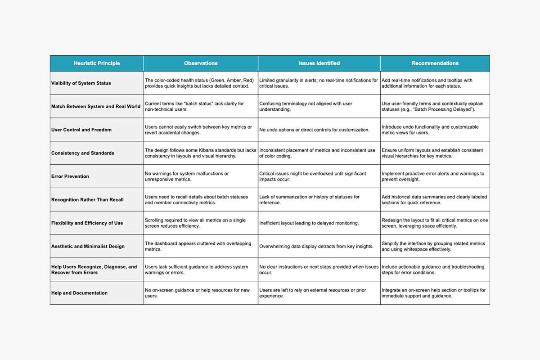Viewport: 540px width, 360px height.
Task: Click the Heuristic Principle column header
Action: coord(97,63)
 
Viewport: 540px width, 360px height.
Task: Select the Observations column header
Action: coord(201,63)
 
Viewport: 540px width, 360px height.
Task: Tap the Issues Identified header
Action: coord(319,63)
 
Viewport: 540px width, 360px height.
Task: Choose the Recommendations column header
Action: coord(435,63)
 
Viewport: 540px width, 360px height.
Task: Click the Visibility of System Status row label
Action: coord(81,83)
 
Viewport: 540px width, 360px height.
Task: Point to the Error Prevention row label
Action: coord(70,176)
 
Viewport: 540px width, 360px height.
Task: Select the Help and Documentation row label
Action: coord(79,293)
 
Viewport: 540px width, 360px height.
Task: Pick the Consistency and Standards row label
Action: coord(83,153)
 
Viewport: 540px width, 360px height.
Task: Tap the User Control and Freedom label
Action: coord(81,130)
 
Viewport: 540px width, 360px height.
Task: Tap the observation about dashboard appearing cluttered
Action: coord(198,246)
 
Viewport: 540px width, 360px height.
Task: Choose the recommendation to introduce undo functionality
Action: coord(430,130)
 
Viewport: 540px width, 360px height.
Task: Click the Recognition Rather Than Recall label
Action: coord(87,200)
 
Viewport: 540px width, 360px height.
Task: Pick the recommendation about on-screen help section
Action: coord(433,293)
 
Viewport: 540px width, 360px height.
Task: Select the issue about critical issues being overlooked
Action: coord(312,176)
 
